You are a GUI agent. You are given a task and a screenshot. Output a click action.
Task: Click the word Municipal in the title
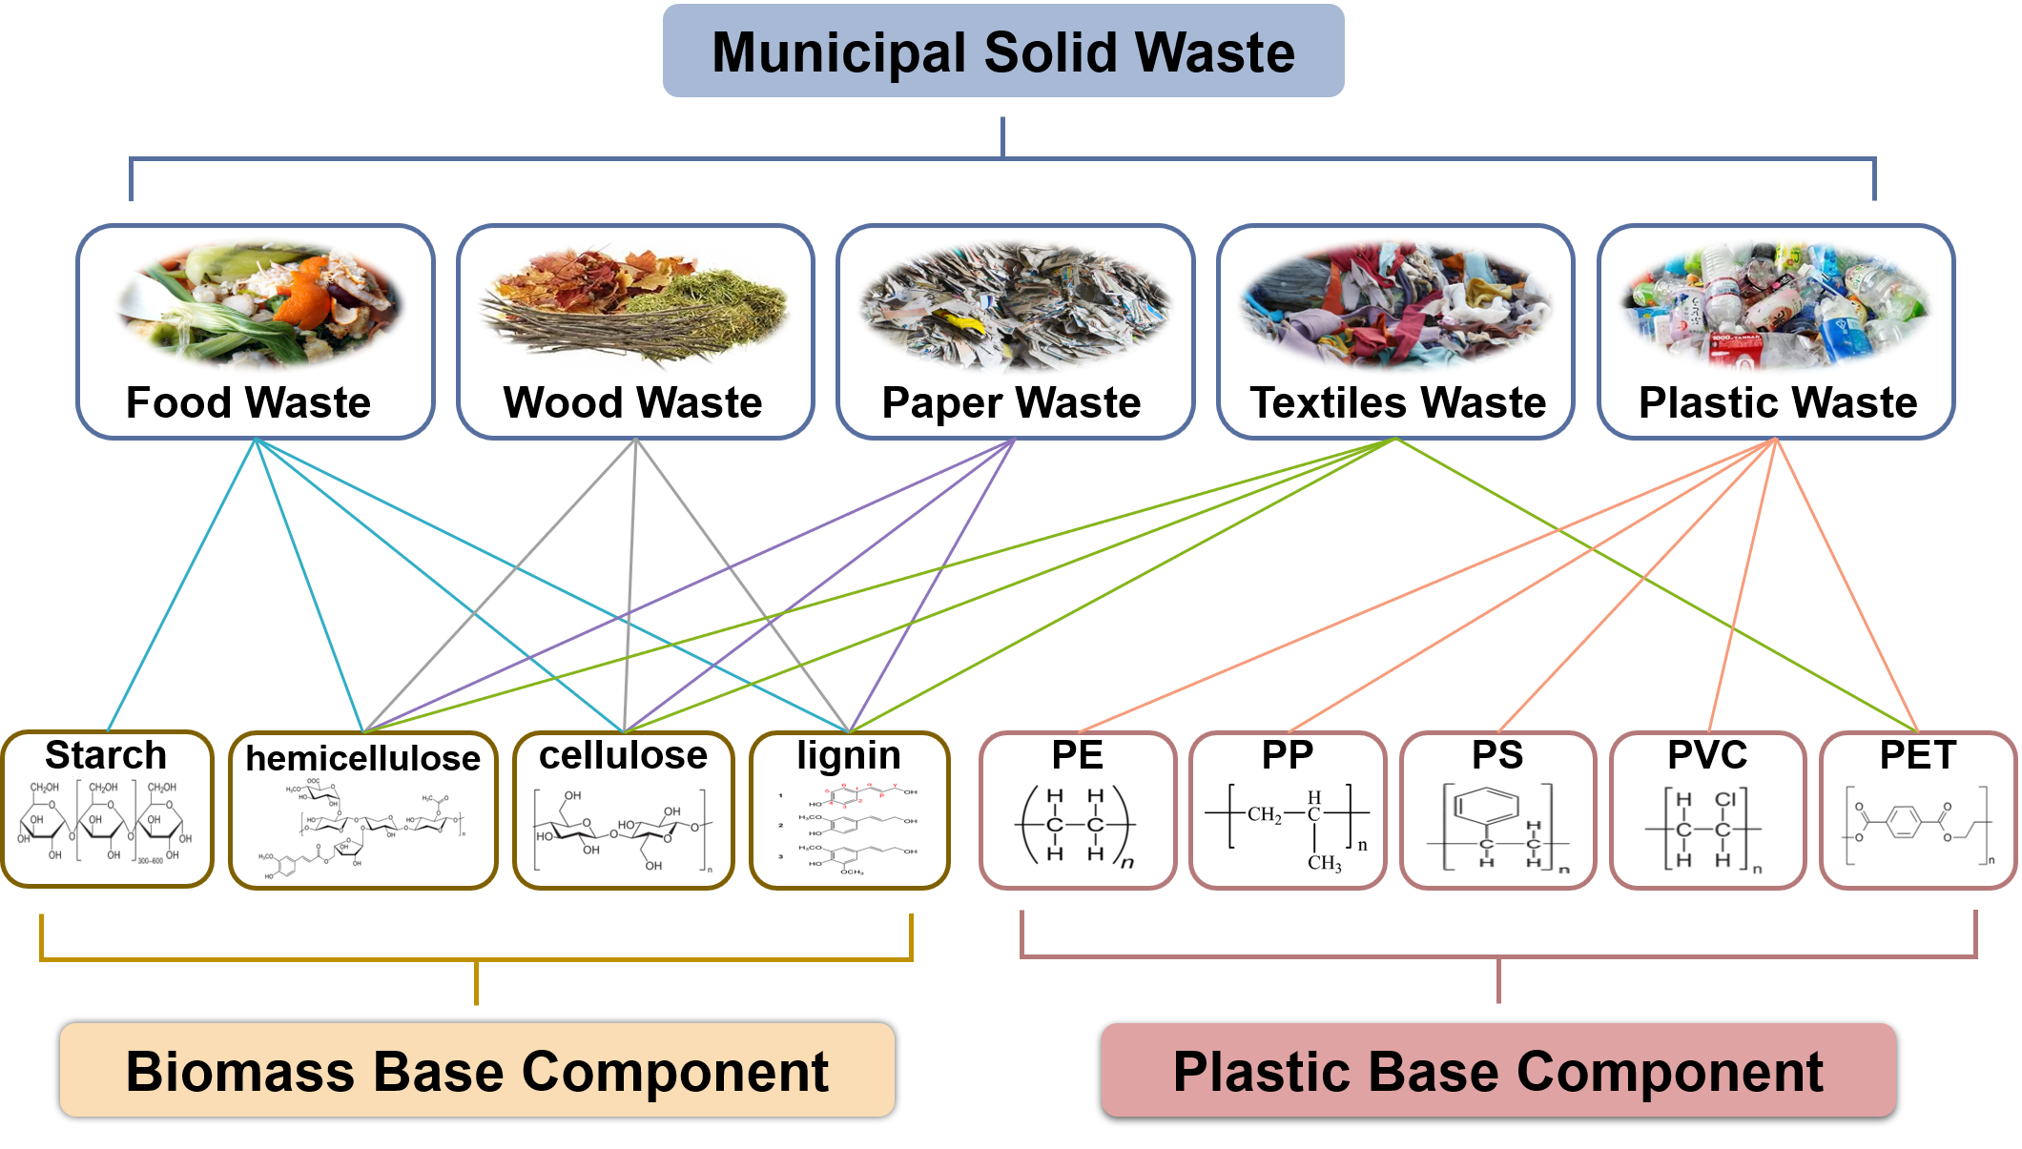click(x=837, y=52)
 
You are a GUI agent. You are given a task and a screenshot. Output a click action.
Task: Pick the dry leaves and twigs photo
click(x=634, y=305)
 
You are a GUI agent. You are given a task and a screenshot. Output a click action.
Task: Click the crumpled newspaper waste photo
click(x=1015, y=306)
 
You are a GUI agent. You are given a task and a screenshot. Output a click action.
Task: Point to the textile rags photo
click(x=1395, y=305)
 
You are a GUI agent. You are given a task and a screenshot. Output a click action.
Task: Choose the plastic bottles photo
click(x=1775, y=305)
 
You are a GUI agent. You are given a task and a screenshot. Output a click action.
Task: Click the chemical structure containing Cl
click(x=1707, y=829)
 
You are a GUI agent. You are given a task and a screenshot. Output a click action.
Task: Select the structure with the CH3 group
click(x=1288, y=828)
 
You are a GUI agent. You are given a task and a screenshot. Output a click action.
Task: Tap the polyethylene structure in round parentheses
click(x=1077, y=826)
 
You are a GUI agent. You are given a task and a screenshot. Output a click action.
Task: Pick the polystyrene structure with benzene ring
click(x=1497, y=827)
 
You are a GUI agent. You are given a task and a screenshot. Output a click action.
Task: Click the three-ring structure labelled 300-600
click(x=106, y=820)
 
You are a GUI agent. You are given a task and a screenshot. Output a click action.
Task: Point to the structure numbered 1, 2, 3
click(x=850, y=829)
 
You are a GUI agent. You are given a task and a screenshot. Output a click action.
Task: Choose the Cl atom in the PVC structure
click(x=1725, y=799)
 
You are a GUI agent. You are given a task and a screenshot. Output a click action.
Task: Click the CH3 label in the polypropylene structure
click(x=1324, y=863)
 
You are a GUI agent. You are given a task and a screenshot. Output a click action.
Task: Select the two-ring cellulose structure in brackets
click(x=624, y=828)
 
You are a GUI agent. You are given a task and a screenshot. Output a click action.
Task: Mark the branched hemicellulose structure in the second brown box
click(x=362, y=827)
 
